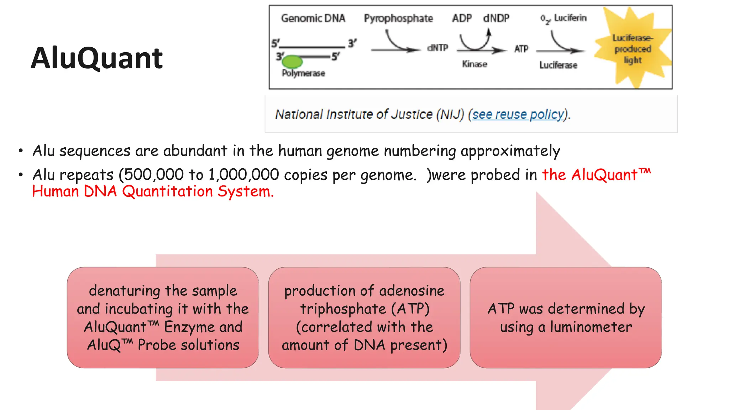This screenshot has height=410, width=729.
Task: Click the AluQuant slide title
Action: pos(97,58)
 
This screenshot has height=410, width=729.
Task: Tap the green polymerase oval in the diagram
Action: pos(292,62)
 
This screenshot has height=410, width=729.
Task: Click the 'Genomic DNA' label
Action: pos(313,19)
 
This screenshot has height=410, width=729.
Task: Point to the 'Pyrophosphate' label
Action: pos(398,19)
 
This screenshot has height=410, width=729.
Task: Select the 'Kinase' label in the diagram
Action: pos(474,64)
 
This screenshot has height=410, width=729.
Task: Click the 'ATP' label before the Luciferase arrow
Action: pos(521,49)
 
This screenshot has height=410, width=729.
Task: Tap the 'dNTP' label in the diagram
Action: pos(437,48)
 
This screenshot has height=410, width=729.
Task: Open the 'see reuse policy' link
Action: pos(518,115)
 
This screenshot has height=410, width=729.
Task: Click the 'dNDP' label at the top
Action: pos(496,18)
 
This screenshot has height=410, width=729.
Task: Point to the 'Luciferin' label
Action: pos(570,18)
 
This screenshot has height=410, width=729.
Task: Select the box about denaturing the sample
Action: pos(163,317)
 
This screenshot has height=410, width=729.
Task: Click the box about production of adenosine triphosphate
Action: pos(364,317)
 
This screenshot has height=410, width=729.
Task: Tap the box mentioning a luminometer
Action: pos(566,317)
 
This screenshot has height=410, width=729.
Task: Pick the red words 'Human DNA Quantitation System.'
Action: pos(153,191)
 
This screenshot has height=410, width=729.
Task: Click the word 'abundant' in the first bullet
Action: pos(195,151)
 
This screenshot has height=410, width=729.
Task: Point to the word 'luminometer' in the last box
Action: pos(591,327)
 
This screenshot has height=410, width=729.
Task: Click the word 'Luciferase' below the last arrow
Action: pos(558,65)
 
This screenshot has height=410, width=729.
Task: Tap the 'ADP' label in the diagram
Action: pos(462,18)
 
